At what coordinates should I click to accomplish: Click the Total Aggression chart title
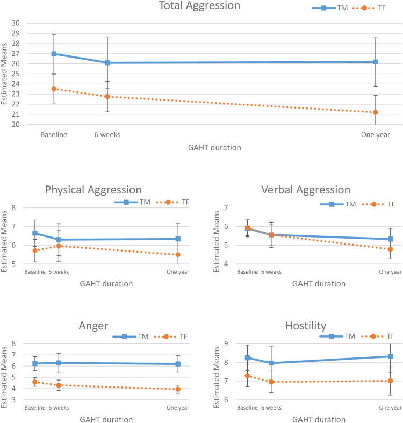pyautogui.click(x=199, y=5)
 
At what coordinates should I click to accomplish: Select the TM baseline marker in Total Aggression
pyautogui.click(x=54, y=54)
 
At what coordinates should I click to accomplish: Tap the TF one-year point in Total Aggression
pyautogui.click(x=376, y=112)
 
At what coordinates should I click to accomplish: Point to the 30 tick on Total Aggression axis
pyautogui.click(x=16, y=23)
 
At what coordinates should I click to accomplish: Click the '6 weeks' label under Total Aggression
pyautogui.click(x=107, y=134)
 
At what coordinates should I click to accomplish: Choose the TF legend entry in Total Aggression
pyautogui.click(x=369, y=8)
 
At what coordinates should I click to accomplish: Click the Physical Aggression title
pyautogui.click(x=93, y=190)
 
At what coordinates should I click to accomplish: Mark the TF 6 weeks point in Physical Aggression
pyautogui.click(x=59, y=246)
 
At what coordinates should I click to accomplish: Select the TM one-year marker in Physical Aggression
pyautogui.click(x=178, y=239)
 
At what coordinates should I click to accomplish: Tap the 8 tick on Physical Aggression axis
pyautogui.click(x=14, y=207)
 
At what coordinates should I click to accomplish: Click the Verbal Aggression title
pyautogui.click(x=306, y=190)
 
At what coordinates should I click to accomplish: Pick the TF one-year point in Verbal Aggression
pyautogui.click(x=390, y=249)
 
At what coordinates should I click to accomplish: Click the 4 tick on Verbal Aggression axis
pyautogui.click(x=226, y=264)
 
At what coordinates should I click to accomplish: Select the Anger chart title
pyautogui.click(x=93, y=326)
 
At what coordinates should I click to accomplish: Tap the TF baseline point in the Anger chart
pyautogui.click(x=35, y=382)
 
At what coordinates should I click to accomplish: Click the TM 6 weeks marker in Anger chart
pyautogui.click(x=59, y=363)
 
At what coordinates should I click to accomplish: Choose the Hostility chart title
pyautogui.click(x=306, y=326)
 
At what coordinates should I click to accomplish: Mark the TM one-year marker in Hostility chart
pyautogui.click(x=390, y=356)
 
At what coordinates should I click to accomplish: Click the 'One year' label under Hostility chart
pyautogui.click(x=390, y=407)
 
